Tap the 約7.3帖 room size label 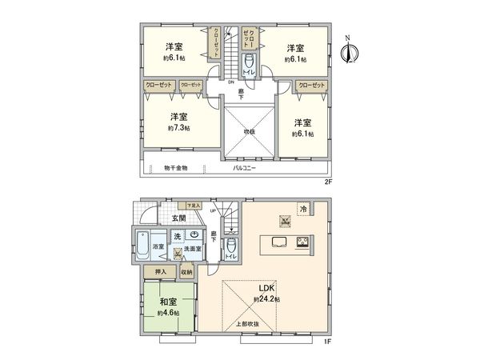[x=177, y=128]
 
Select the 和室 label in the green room [x=168, y=302]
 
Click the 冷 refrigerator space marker [x=303, y=209]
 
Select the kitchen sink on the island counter [x=280, y=242]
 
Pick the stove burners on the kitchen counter [x=304, y=242]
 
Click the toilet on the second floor [x=249, y=63]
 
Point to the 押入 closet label [x=160, y=273]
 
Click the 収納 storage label [x=186, y=273]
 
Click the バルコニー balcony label [x=243, y=168]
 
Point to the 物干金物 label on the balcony [x=175, y=168]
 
